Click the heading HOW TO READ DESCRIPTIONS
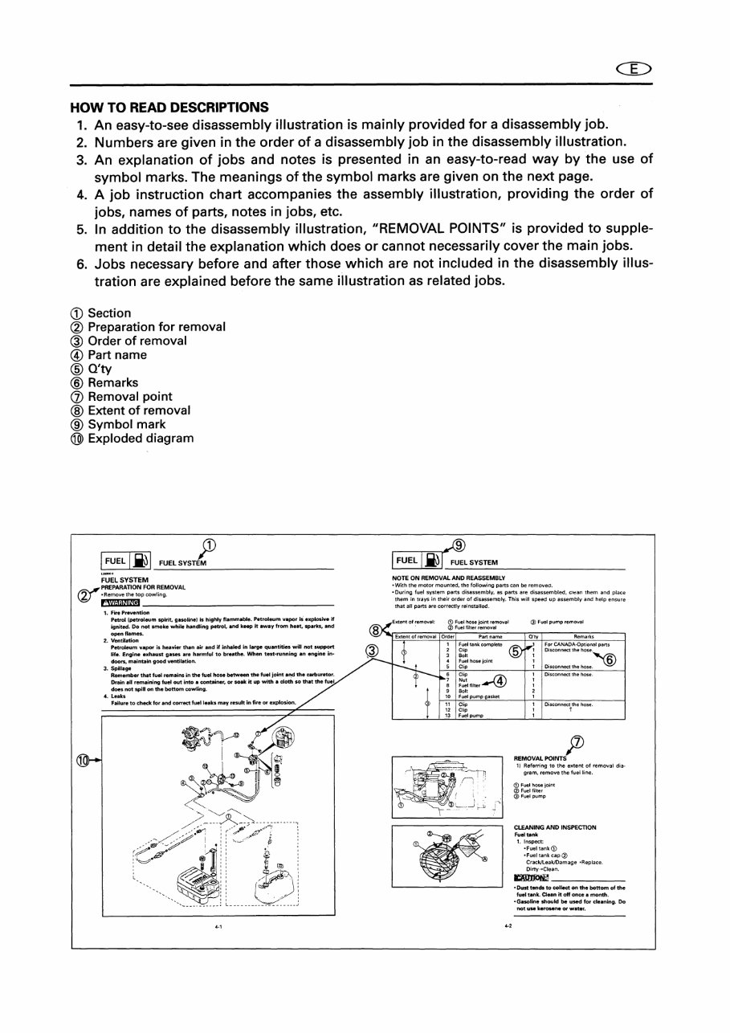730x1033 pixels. tap(169, 107)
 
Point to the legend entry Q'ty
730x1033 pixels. tap(91, 369)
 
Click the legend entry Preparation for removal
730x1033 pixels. tap(148, 327)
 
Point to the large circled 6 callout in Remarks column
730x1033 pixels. tap(609, 660)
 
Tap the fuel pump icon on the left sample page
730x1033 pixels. tap(141, 560)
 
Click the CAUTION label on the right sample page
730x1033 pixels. tap(531, 877)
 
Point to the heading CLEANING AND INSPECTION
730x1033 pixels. tap(555, 827)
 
